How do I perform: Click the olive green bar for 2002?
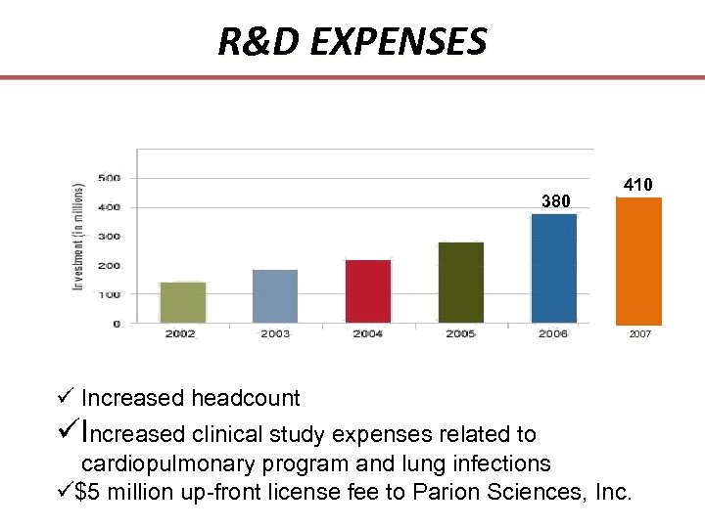182,302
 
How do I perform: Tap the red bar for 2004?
368,290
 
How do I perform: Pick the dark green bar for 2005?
461,282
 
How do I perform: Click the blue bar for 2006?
554,268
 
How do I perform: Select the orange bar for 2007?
638,261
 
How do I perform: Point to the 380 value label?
555,201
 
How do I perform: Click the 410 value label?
637,184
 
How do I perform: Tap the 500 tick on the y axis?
109,178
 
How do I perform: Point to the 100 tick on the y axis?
109,294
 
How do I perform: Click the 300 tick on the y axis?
109,237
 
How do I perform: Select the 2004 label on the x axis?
367,334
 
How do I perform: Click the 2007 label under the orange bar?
639,334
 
